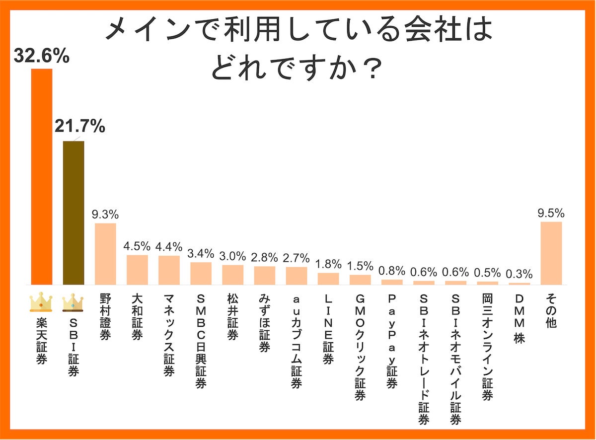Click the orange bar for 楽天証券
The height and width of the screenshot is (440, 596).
(42, 176)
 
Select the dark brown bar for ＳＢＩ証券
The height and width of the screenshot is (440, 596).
(74, 213)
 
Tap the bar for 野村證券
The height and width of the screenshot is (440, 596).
(105, 254)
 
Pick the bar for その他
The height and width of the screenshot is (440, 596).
(551, 253)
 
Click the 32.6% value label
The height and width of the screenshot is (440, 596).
(41, 56)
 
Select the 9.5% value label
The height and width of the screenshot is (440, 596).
(551, 213)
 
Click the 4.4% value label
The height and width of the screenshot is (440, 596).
(169, 246)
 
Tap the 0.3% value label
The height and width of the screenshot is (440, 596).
(519, 274)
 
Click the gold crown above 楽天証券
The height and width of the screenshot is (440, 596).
(41, 301)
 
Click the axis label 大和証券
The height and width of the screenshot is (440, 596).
(137, 317)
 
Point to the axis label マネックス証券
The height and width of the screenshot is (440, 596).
(169, 335)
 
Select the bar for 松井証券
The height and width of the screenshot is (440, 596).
(232, 275)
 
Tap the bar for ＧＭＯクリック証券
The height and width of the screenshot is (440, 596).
(360, 280)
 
